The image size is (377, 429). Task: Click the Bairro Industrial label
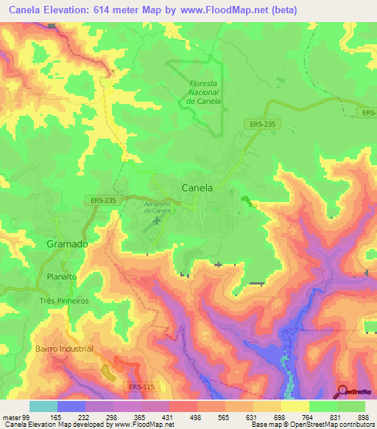[64, 348]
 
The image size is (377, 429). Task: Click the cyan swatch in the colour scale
[43, 406]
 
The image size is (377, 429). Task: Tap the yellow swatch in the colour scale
[295, 406]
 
